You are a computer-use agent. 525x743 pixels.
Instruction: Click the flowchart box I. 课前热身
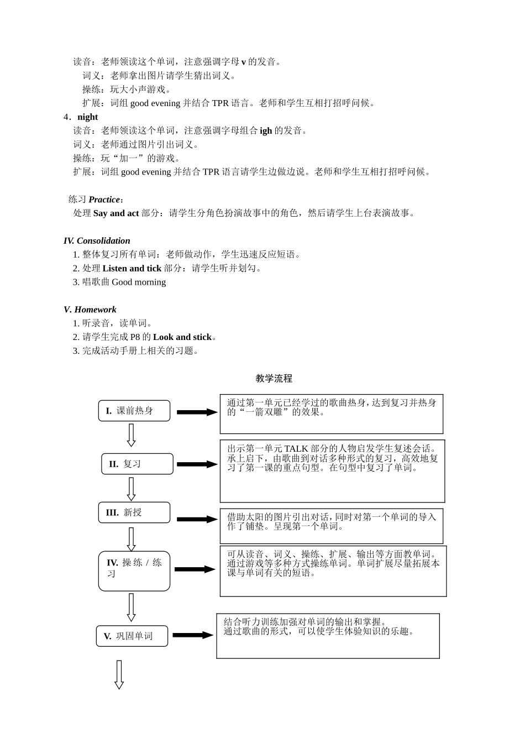click(x=134, y=411)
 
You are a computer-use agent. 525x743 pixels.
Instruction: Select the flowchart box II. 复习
click(x=137, y=464)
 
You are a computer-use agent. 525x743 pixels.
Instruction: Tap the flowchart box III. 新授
click(x=134, y=512)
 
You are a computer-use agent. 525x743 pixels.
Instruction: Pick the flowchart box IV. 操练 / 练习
click(x=134, y=571)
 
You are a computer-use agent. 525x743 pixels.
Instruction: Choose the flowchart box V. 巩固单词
click(x=132, y=636)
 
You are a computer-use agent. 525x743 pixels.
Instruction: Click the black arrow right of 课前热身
click(x=197, y=412)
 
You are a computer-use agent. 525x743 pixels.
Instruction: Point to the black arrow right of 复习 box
click(x=197, y=464)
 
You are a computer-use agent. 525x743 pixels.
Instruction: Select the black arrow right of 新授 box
click(x=197, y=519)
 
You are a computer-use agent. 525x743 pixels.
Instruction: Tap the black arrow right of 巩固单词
click(x=192, y=635)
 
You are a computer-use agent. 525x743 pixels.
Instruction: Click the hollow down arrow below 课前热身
click(x=131, y=435)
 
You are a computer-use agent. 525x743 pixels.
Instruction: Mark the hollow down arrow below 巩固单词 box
click(x=119, y=674)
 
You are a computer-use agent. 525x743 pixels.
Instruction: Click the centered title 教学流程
click(x=274, y=379)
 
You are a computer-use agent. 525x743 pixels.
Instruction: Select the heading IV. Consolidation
click(x=97, y=241)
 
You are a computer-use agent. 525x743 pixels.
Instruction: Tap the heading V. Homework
click(x=90, y=310)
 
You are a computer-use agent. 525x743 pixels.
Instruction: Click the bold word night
click(x=87, y=117)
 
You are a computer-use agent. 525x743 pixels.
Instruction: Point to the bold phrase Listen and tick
click(x=132, y=269)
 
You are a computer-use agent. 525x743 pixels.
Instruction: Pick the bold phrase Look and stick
click(x=182, y=337)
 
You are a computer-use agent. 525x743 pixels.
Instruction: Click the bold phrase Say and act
click(x=116, y=213)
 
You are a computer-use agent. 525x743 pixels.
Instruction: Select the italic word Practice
click(x=104, y=200)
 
